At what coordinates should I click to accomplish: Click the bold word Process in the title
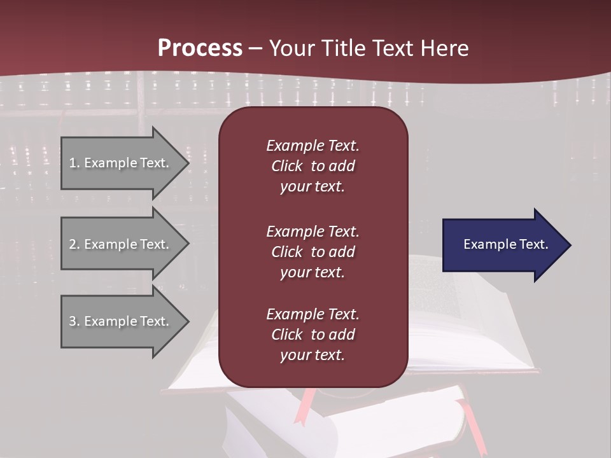click(x=200, y=48)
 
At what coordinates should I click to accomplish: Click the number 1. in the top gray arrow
click(x=74, y=163)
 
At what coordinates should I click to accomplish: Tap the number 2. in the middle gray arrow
click(x=74, y=244)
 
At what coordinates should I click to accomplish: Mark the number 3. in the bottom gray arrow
click(x=74, y=321)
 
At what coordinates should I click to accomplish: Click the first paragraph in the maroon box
click(x=313, y=166)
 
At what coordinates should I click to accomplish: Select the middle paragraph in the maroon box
click(x=313, y=252)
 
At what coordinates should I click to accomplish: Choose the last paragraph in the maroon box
click(x=313, y=335)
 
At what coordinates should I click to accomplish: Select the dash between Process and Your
click(x=255, y=48)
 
